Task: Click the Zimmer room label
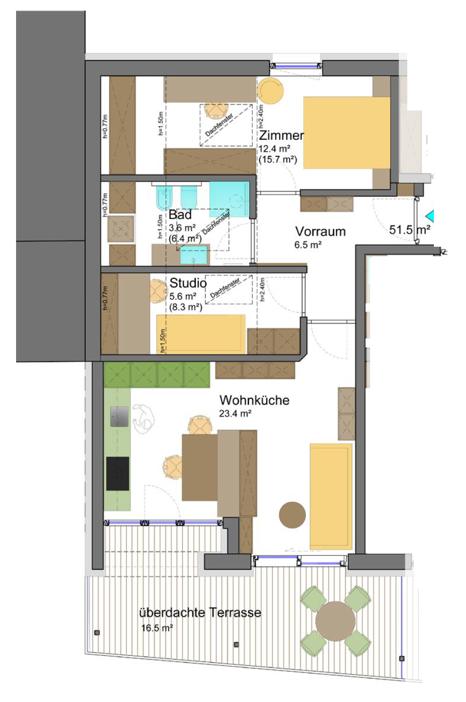point(281,135)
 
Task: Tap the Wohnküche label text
point(254,400)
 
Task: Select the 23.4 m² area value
point(235,414)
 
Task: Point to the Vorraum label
point(320,232)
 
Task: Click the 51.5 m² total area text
point(410,230)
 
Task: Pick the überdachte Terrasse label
point(200,612)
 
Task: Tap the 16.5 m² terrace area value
point(157,628)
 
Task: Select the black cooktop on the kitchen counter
point(118,473)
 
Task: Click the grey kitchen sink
point(120,416)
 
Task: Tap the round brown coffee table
point(292,515)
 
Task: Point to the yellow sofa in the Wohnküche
point(331,496)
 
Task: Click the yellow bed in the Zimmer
point(346,133)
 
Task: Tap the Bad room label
point(180,215)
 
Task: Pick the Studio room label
point(188,283)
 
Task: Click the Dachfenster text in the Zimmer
point(219,125)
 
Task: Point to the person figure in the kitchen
point(143,419)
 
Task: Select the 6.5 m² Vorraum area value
point(308,245)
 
